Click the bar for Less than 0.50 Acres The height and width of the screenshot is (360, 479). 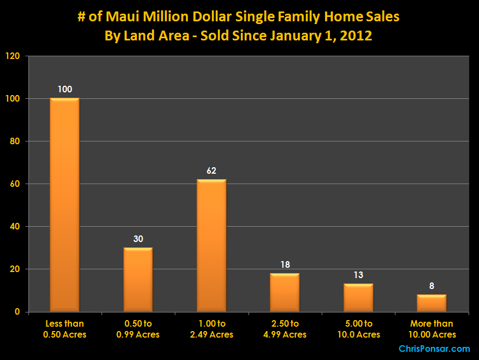point(64,205)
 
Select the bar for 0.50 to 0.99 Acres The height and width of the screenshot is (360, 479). point(138,280)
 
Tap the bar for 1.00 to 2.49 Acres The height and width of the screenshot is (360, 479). point(211,245)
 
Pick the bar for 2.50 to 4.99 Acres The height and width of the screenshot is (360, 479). point(285,292)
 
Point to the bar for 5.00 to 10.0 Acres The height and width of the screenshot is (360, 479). point(358,298)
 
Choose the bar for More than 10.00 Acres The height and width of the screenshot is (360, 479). point(431,303)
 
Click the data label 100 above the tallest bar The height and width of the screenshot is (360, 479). point(64,89)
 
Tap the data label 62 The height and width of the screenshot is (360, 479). point(211,170)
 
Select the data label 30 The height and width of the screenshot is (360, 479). point(138,239)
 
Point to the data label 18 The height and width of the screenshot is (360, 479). point(285,264)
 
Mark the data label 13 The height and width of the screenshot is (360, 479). point(358,275)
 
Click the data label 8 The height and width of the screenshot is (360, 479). point(431,286)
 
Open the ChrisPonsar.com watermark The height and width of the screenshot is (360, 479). point(434,349)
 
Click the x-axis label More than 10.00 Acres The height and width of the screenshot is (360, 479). point(431,329)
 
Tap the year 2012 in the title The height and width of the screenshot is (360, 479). point(356,37)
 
